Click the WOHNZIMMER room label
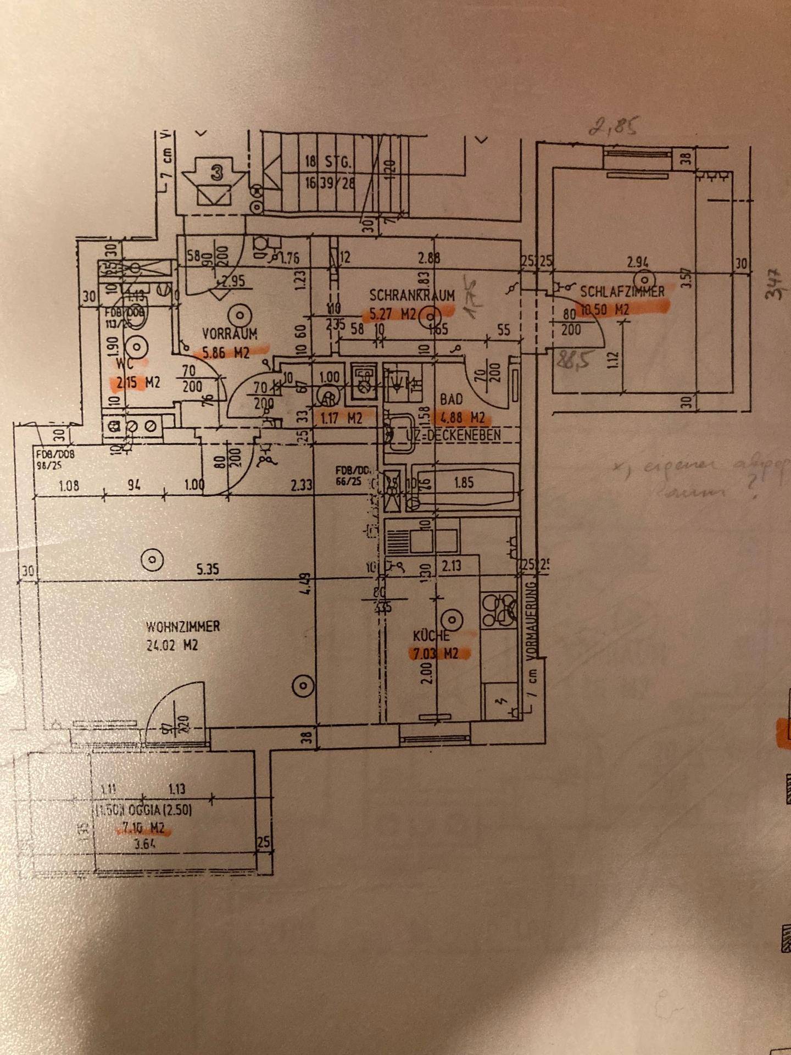(183, 626)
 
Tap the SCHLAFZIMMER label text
(622, 291)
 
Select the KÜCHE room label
(432, 636)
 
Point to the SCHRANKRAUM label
(412, 296)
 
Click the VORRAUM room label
(229, 334)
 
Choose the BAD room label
(452, 399)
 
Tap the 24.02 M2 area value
(172, 646)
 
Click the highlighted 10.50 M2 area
(604, 310)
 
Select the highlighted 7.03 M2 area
(434, 654)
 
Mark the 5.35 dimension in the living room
(208, 569)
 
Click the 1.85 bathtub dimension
(464, 483)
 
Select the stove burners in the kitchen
(499, 610)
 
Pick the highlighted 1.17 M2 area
(341, 418)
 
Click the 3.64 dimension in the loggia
(144, 844)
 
